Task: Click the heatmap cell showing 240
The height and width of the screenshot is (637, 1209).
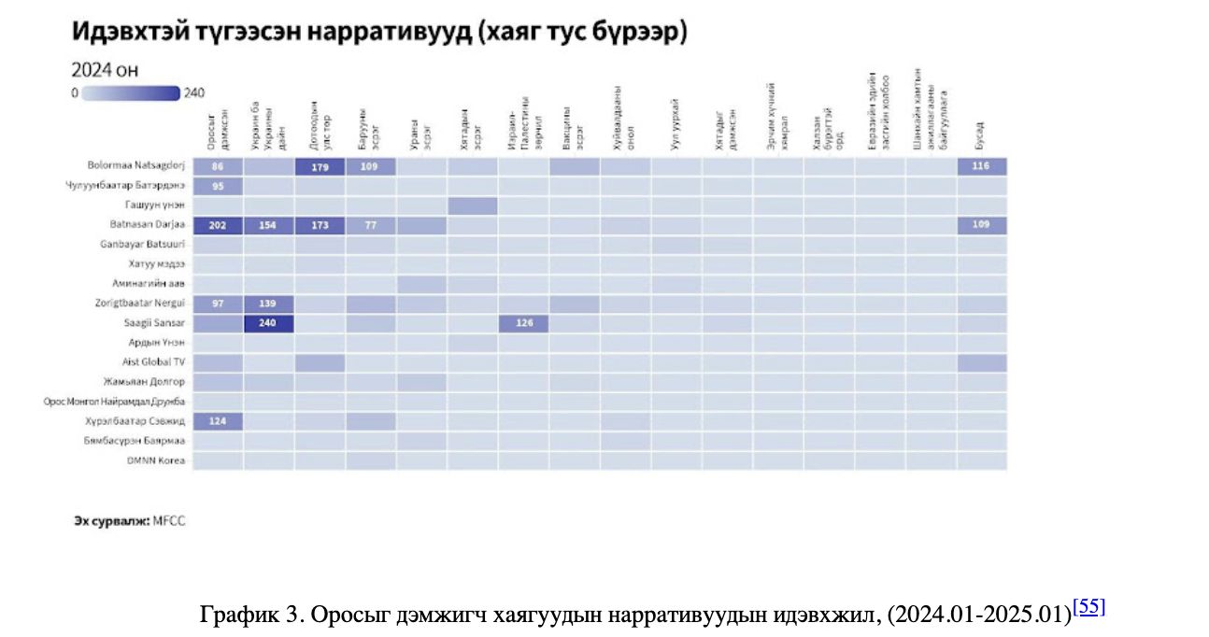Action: [x=269, y=323]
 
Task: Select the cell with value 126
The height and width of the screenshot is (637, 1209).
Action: [x=523, y=323]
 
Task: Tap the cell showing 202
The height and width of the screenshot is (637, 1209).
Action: [x=218, y=225]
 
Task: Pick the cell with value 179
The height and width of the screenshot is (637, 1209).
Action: [x=320, y=167]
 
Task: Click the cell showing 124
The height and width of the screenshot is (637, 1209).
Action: [x=218, y=421]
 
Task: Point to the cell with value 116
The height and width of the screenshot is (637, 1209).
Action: [x=981, y=166]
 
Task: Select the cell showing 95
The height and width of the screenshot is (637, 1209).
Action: [x=218, y=186]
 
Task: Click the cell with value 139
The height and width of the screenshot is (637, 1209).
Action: [x=269, y=304]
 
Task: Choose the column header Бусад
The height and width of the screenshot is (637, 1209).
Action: [x=980, y=135]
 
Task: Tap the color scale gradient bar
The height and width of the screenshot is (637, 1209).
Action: [x=130, y=93]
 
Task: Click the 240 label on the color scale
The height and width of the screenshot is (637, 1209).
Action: [x=194, y=93]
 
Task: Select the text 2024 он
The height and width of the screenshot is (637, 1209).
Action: [x=105, y=71]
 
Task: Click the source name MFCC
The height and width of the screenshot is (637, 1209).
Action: [x=169, y=521]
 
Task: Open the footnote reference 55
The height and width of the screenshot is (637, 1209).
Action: [x=1091, y=607]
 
